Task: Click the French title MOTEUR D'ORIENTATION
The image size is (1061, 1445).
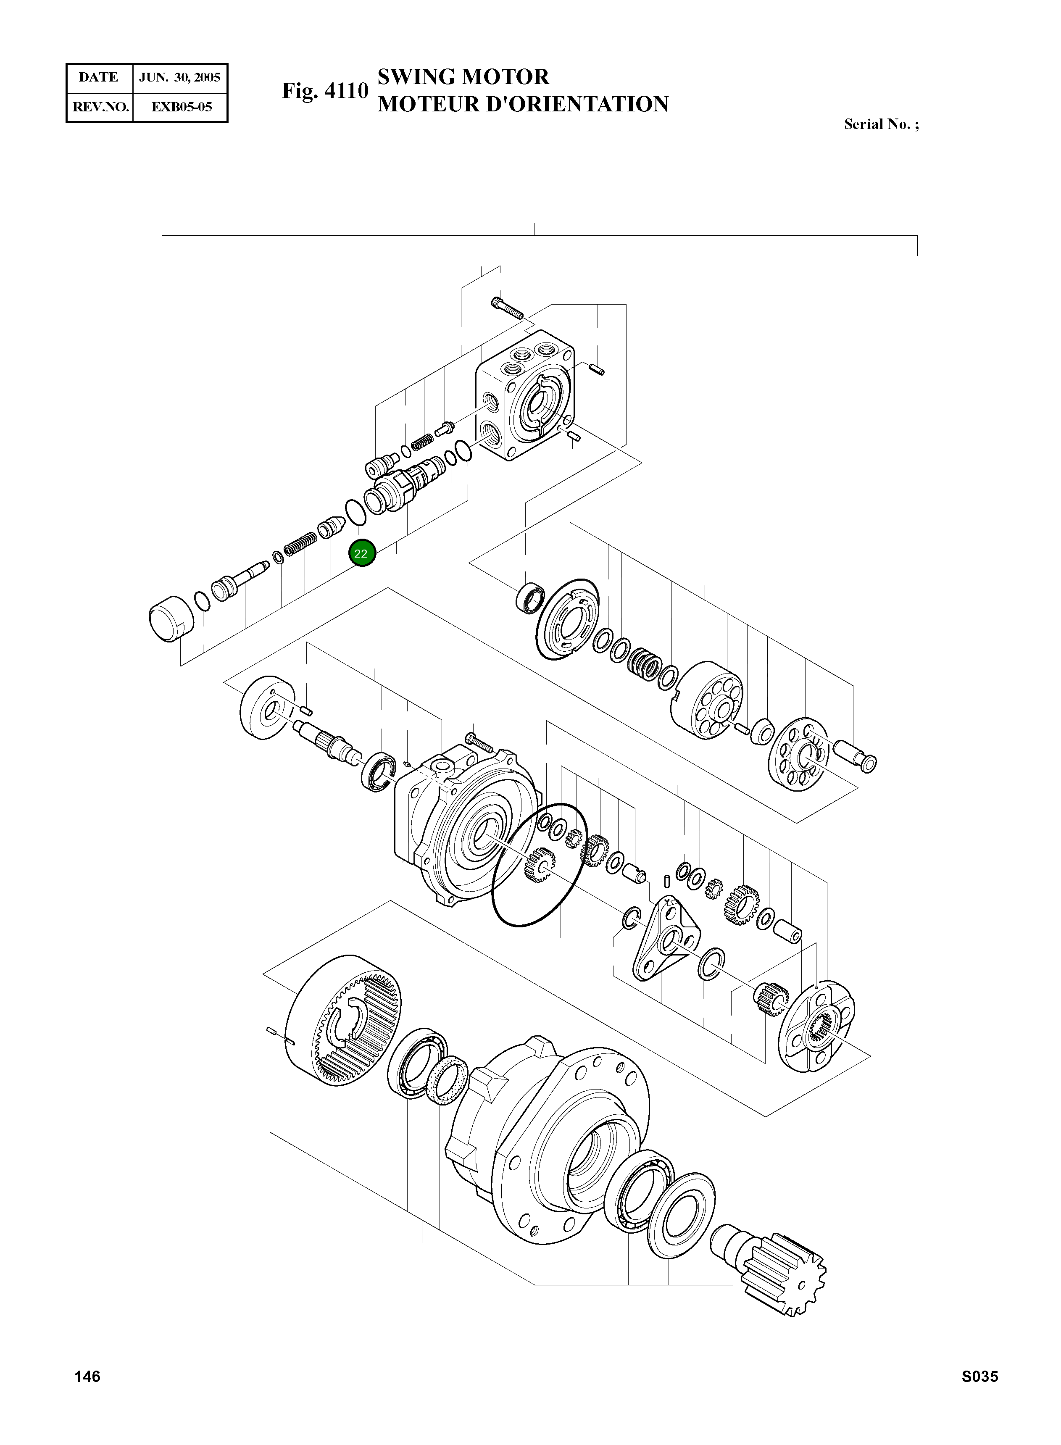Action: tap(523, 104)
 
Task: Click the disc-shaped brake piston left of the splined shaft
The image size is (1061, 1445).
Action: tap(267, 708)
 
